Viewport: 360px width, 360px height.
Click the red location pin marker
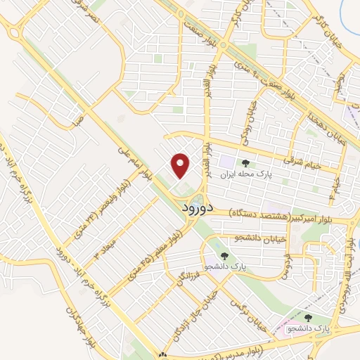pos(181,165)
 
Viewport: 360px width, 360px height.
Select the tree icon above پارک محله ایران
pos(246,161)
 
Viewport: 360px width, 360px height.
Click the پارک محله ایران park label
pos(245,172)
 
